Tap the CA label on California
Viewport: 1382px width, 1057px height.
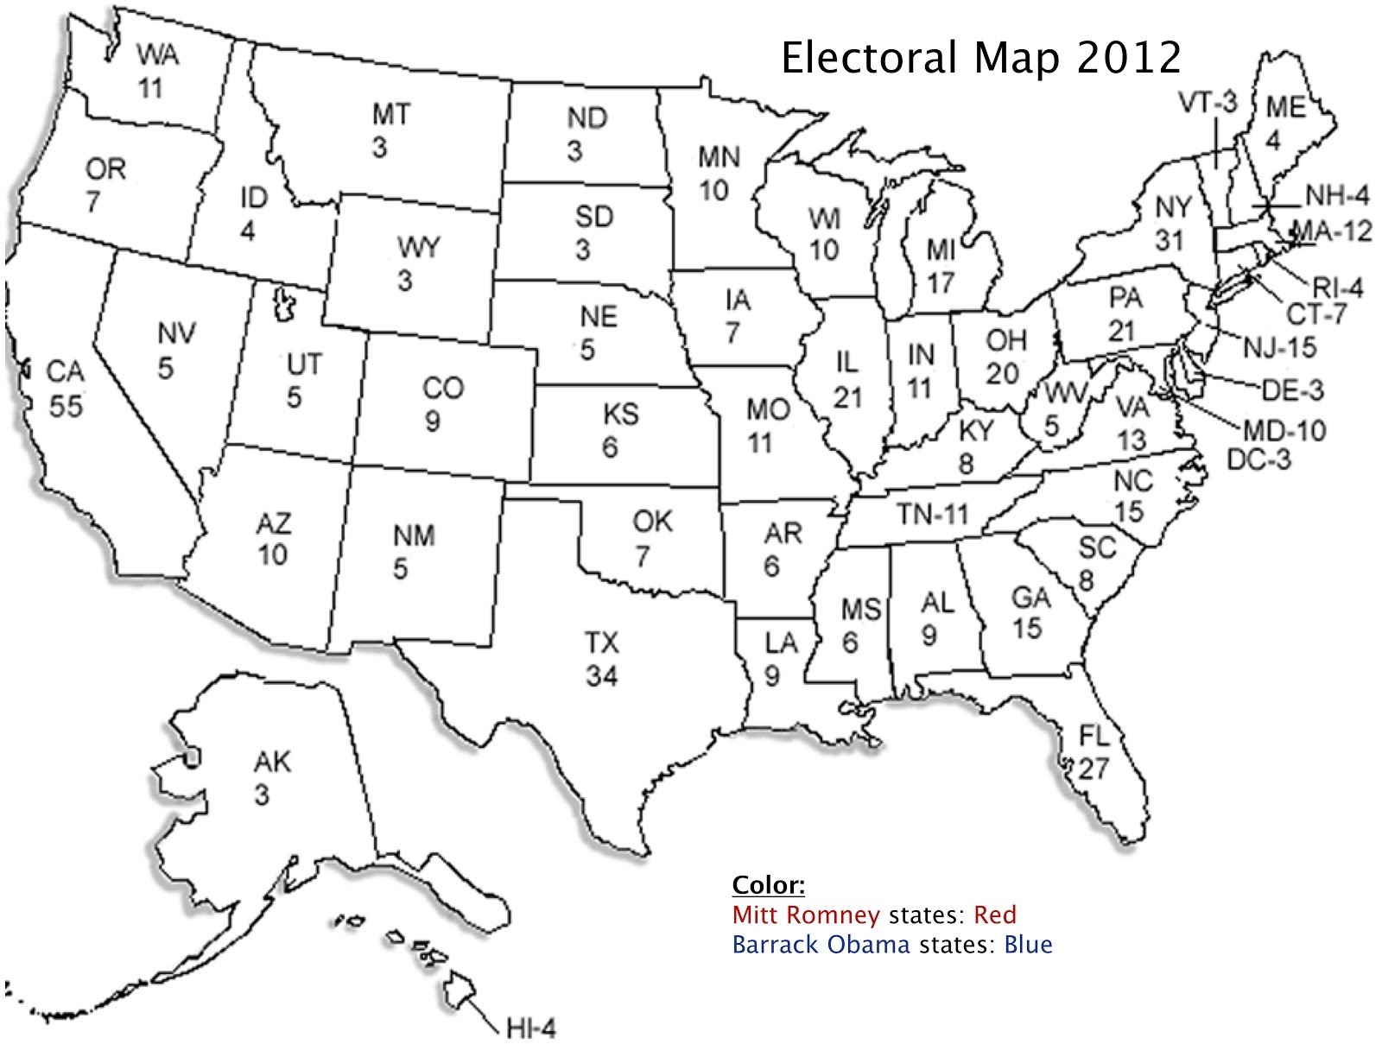tap(65, 372)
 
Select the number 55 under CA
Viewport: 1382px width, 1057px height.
tap(65, 406)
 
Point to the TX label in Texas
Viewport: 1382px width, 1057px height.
tap(601, 643)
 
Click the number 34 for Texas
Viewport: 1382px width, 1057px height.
tap(601, 676)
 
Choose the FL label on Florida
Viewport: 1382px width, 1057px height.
tap(1093, 735)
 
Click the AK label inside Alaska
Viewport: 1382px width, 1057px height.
tap(272, 762)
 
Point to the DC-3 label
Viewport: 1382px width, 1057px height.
tap(1258, 459)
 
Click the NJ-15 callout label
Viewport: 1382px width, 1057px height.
tap(1279, 347)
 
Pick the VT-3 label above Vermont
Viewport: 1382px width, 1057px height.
tap(1208, 103)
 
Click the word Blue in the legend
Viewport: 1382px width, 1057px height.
tap(1027, 944)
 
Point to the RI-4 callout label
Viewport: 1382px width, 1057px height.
tap(1337, 288)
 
